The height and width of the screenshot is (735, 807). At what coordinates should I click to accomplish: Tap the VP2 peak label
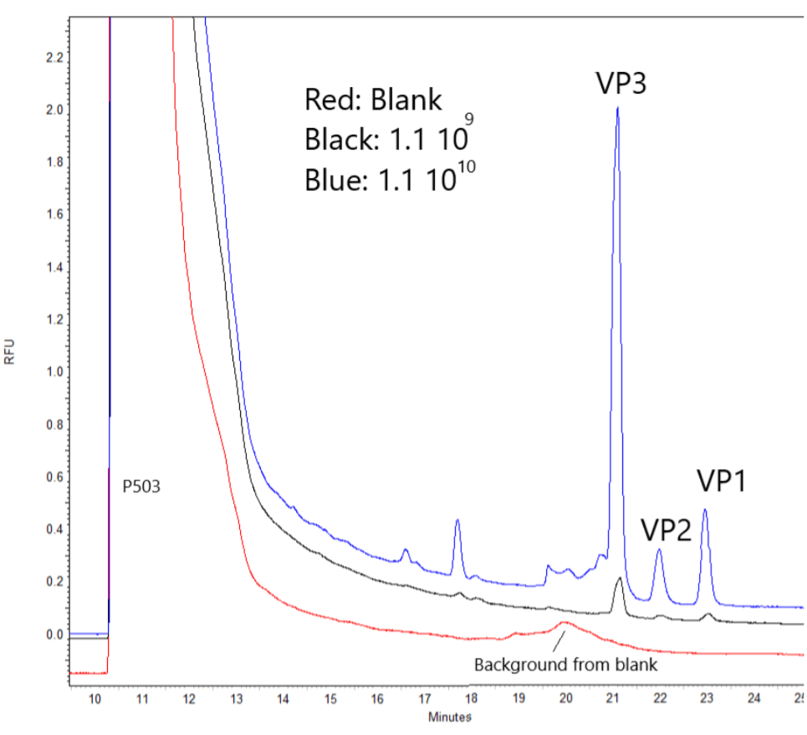[666, 529]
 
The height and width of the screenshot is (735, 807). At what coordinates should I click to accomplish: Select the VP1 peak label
[722, 482]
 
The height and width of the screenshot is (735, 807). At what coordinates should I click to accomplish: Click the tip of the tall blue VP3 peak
[617, 108]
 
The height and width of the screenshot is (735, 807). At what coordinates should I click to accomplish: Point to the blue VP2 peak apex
[659, 550]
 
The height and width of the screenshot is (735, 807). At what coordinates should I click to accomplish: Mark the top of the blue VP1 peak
[705, 510]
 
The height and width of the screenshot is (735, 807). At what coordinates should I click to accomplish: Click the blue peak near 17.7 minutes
[457, 521]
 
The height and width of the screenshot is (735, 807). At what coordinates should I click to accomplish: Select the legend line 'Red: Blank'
[373, 101]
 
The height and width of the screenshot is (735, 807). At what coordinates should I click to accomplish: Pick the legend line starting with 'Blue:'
[391, 176]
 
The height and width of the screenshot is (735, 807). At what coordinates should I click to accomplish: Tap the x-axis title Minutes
[450, 717]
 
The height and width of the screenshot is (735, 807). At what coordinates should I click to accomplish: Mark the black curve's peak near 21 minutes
[619, 579]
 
